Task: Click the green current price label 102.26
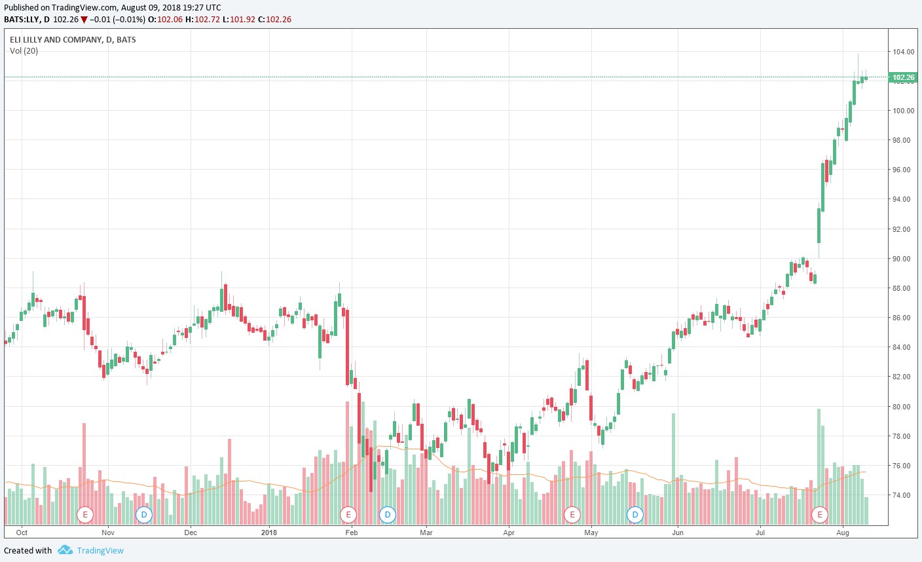click(x=903, y=77)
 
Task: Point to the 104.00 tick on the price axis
click(x=903, y=52)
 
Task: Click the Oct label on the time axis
click(x=22, y=533)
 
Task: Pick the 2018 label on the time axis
click(x=268, y=533)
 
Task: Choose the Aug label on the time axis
click(x=843, y=533)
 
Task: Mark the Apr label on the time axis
click(x=509, y=533)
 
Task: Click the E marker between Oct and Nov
click(x=85, y=514)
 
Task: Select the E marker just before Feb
click(x=348, y=514)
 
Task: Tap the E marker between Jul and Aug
click(x=820, y=514)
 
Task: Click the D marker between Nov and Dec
click(x=143, y=514)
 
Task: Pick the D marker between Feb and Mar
click(x=388, y=514)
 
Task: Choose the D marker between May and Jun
click(x=635, y=514)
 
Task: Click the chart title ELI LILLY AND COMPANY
click(x=56, y=40)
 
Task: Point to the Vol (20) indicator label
click(x=24, y=51)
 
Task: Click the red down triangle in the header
click(x=84, y=20)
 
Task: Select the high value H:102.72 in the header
click(x=202, y=20)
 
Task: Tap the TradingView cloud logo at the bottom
click(x=65, y=550)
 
